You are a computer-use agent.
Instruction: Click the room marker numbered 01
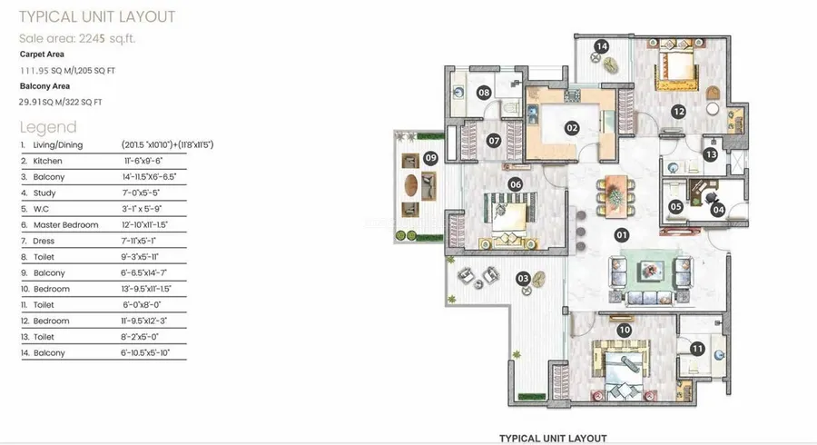point(621,235)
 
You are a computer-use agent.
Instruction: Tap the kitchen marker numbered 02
point(572,128)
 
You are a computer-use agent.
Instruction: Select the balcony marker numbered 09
point(430,158)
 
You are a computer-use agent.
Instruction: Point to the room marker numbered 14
point(602,46)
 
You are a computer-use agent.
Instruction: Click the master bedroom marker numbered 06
point(516,184)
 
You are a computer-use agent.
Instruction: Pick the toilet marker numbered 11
point(697,349)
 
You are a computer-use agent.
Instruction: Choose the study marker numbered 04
point(718,210)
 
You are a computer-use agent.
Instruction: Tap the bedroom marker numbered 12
point(678,111)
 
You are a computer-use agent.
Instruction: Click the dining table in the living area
point(615,196)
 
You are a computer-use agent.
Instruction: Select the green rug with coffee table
point(650,272)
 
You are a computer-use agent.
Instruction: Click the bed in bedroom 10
point(620,370)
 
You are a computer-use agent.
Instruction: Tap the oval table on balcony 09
point(411,185)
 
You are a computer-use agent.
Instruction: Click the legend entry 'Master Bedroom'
point(65,225)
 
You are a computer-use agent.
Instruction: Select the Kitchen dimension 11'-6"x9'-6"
point(143,161)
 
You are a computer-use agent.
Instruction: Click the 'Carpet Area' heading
point(42,54)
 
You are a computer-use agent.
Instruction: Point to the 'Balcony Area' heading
point(44,86)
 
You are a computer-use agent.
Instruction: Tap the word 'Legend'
point(48,127)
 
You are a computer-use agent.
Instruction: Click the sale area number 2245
point(92,38)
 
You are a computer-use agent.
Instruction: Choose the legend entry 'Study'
point(44,193)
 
